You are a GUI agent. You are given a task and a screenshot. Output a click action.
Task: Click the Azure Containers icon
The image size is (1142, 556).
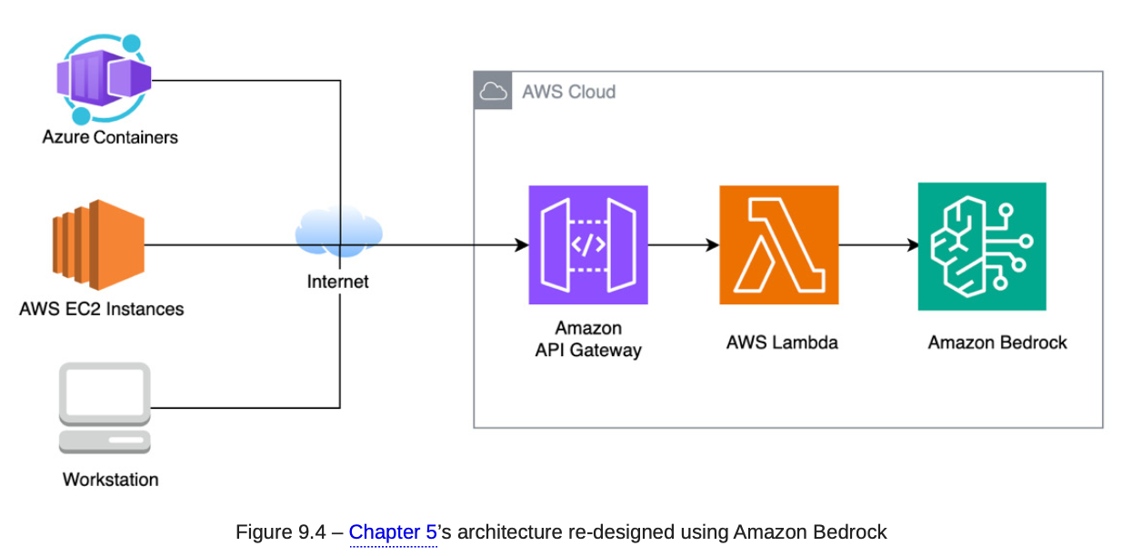[102, 78]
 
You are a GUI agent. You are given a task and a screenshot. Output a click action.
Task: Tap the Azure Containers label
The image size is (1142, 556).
[110, 137]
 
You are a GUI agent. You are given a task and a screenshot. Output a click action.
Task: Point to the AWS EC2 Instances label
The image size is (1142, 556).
[102, 309]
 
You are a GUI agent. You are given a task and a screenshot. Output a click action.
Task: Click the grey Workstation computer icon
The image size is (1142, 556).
[105, 408]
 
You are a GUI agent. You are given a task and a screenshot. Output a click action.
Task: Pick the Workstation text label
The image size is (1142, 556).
[110, 479]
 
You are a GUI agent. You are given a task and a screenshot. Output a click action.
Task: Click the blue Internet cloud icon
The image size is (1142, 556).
[338, 233]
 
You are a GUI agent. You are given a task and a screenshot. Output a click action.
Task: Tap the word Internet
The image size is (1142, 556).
[338, 282]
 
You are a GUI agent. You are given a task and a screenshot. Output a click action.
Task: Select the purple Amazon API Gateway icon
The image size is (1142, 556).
[588, 244]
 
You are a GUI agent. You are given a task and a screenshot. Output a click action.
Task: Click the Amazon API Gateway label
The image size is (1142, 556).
[588, 339]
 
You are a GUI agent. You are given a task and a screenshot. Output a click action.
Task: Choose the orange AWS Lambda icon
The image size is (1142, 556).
[778, 244]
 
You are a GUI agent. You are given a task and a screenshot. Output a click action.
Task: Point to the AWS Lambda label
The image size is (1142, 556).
[782, 343]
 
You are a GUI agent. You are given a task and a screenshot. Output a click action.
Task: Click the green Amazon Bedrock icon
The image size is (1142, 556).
[981, 246]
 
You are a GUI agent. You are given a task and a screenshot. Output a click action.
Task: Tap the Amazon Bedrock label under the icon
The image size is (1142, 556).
[997, 343]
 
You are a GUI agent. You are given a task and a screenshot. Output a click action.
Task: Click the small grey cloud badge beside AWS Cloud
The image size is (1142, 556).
[493, 91]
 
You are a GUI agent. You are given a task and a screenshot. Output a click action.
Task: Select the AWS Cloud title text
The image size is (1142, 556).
[568, 92]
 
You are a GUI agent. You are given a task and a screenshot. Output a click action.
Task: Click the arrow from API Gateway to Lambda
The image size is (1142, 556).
[683, 244]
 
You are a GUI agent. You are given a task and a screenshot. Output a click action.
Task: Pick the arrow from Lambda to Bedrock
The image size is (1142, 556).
[877, 244]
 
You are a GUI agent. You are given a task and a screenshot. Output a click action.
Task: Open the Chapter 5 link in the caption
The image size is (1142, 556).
[393, 532]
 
